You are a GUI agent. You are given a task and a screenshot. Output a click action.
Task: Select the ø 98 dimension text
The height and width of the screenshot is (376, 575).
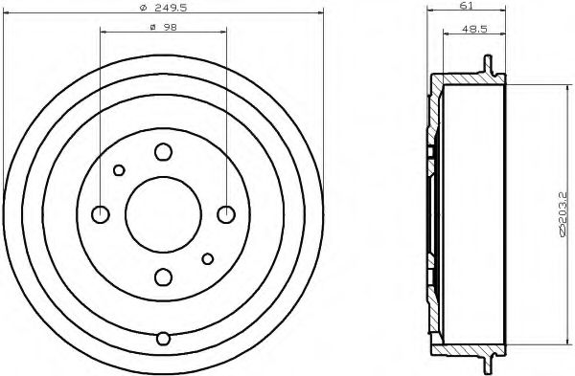[163, 26]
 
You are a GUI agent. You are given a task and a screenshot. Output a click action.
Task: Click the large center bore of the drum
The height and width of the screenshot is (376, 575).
[163, 212]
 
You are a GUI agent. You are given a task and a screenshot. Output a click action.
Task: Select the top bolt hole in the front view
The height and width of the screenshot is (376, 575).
[163, 150]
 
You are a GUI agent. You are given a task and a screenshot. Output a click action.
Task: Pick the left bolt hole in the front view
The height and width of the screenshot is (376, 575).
[100, 212]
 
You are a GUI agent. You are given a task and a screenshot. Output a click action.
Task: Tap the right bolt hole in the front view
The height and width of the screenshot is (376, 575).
[226, 212]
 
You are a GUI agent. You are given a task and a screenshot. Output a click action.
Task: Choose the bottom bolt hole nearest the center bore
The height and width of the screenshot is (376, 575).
[163, 276]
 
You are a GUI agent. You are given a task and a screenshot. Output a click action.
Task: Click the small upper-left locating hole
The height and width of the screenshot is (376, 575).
[119, 170]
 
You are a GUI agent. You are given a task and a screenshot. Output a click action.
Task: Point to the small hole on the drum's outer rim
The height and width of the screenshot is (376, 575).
[163, 338]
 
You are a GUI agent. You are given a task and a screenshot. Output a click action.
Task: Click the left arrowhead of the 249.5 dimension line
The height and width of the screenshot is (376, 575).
[11, 13]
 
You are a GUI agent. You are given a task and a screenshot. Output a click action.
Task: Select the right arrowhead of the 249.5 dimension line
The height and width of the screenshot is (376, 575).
[314, 13]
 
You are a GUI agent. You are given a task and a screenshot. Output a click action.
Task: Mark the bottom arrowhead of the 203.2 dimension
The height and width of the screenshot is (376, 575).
[552, 337]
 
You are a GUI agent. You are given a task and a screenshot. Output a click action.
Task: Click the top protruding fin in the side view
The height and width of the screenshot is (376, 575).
[489, 66]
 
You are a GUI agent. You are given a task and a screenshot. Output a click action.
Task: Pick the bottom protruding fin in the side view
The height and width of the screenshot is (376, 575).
[489, 361]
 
